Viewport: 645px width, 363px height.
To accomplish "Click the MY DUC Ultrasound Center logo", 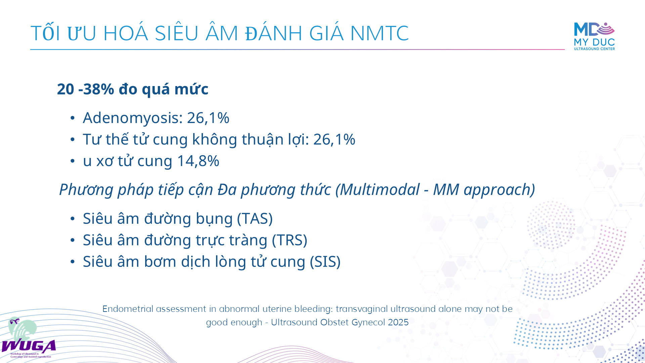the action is (x=594, y=36).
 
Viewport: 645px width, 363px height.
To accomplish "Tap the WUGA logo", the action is (x=28, y=338).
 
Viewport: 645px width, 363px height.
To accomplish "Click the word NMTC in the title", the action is (x=379, y=33).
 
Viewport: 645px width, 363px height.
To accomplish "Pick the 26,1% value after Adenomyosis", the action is (x=208, y=118).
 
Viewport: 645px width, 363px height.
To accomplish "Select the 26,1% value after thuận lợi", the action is (x=334, y=139).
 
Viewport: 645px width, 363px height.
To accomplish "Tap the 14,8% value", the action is (x=198, y=161).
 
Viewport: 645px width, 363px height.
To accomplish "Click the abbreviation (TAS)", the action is (x=255, y=219).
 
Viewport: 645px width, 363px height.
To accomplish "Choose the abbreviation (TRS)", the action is (x=290, y=240).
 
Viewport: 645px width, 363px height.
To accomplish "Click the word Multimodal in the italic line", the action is (x=380, y=190).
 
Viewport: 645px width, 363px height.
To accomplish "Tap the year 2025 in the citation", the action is (x=398, y=322).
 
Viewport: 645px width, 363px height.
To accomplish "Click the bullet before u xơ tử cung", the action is (x=73, y=161).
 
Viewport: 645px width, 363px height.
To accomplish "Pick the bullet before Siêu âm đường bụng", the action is (x=73, y=219).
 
